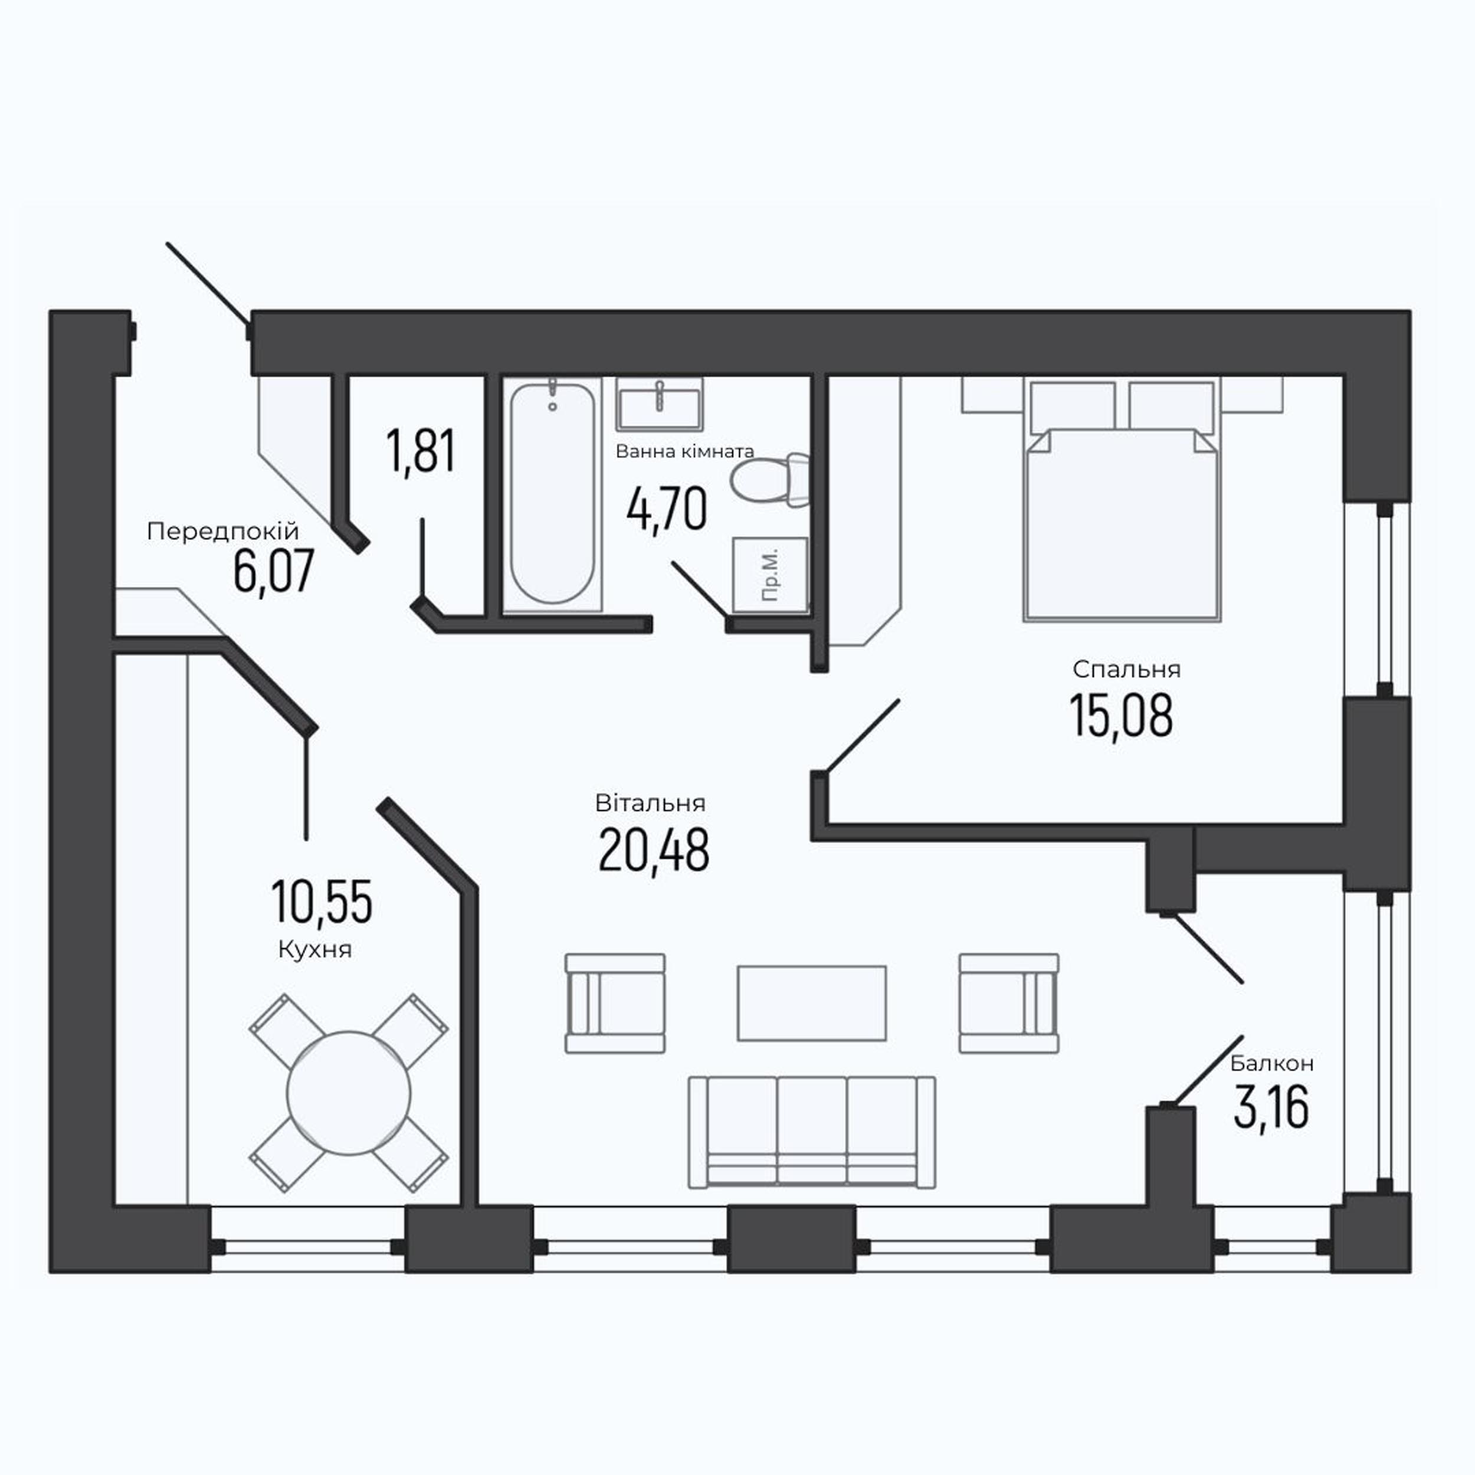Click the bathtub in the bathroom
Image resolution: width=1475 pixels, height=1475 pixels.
552,496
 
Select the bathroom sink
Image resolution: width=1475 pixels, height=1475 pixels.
660,405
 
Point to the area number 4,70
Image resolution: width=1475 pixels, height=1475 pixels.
667,510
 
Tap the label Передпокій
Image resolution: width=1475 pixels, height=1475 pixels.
223,532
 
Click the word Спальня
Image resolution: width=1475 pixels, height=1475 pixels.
1127,670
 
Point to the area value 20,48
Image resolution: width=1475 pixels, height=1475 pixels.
654,851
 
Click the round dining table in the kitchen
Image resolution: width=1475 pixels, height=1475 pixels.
349,1093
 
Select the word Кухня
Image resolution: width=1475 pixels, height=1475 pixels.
315,950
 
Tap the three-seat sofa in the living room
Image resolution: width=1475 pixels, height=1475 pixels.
812,1132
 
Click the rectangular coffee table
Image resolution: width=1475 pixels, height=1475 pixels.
812,1002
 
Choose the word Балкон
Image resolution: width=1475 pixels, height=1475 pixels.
1272,1063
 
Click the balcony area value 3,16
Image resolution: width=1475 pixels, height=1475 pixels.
1271,1108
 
